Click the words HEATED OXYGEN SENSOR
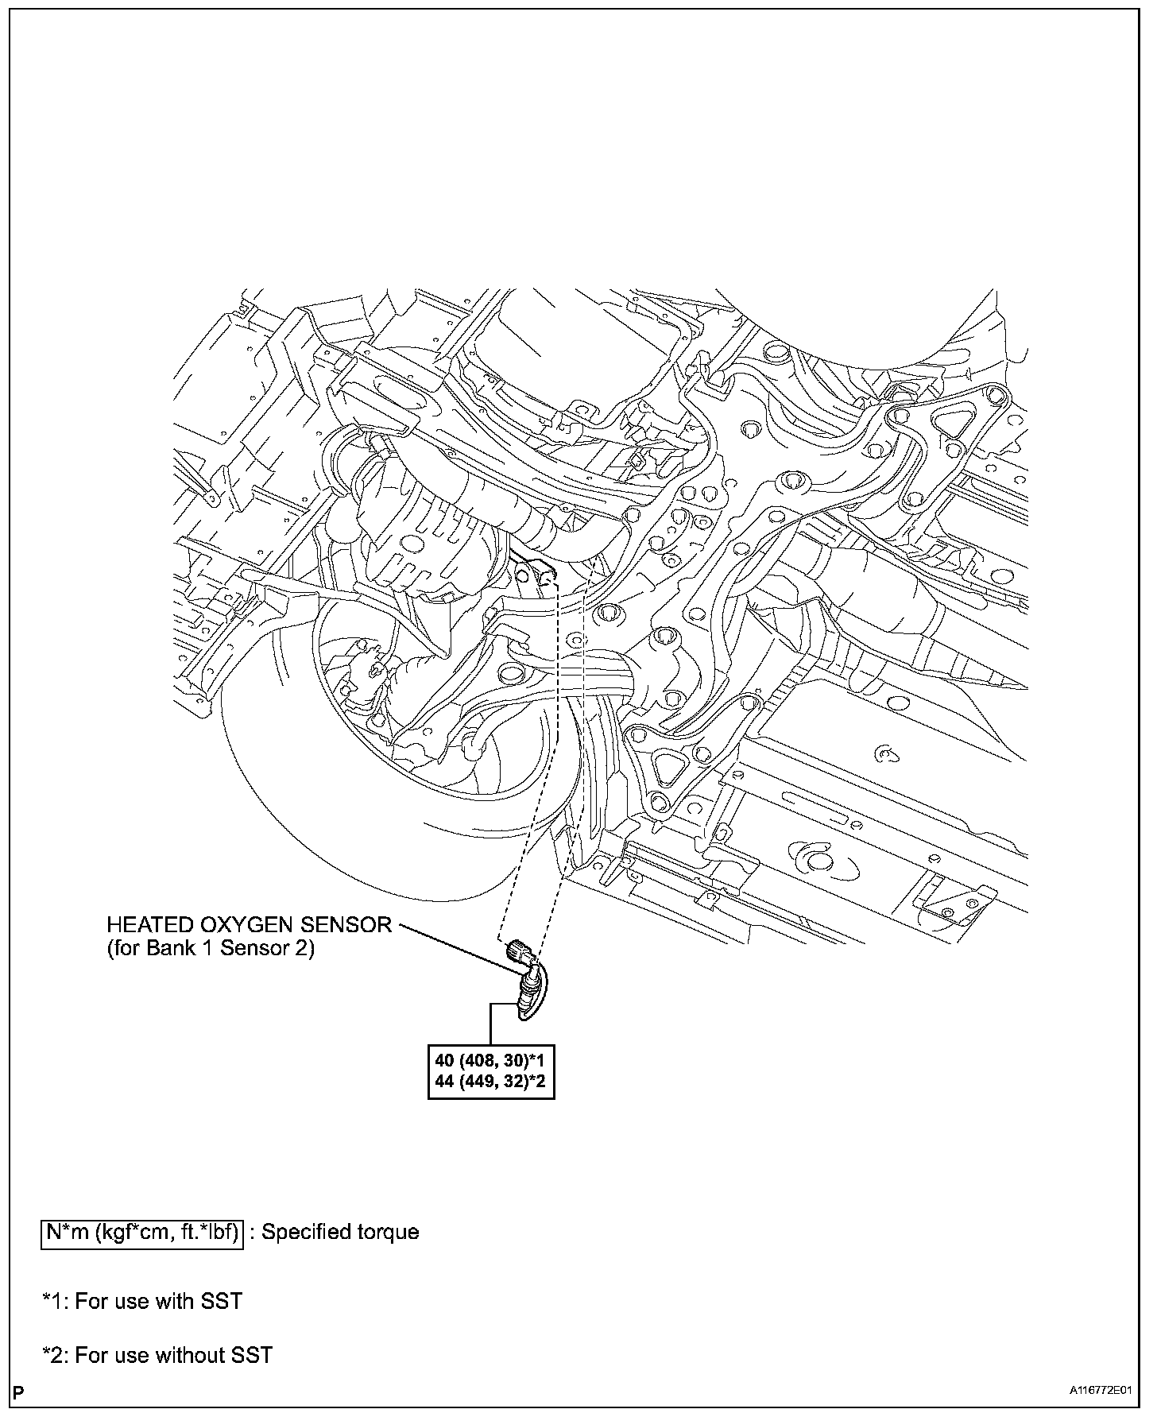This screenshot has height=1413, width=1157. (x=249, y=925)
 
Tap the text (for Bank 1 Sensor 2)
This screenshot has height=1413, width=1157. (x=211, y=949)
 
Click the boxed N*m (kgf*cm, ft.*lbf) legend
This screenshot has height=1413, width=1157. (x=141, y=1233)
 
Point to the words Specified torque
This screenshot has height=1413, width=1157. (x=340, y=1233)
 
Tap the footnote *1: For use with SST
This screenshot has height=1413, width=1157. (x=142, y=1302)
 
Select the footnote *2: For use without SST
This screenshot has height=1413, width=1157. (x=157, y=1355)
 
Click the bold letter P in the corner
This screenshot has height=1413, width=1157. (x=18, y=1392)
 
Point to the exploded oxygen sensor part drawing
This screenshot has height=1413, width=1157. (x=525, y=977)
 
